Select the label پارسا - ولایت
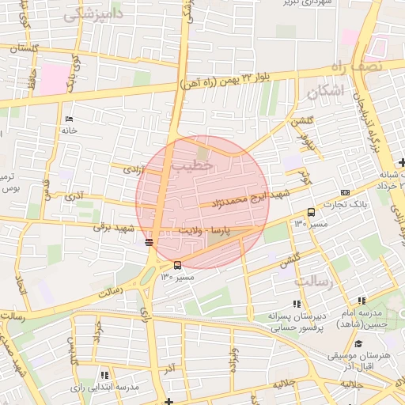point(228,230)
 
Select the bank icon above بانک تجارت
point(345,192)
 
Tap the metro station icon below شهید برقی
point(150,242)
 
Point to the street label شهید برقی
point(111,227)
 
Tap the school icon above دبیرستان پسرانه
point(297,303)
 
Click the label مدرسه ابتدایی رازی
point(104,388)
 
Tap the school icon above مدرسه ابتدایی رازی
point(104,374)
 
